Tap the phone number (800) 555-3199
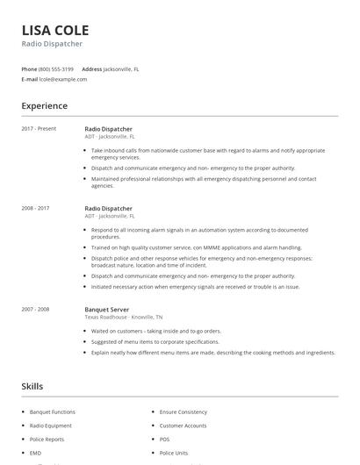point(57,68)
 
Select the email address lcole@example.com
point(63,79)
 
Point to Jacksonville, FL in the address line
point(123,68)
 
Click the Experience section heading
point(44,106)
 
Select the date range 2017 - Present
point(39,129)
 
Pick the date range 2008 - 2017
point(35,208)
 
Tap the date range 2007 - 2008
point(35,309)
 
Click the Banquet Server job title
point(106,309)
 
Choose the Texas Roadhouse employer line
point(123,317)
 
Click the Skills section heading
point(32,386)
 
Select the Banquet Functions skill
point(53,411)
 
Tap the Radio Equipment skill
point(50,426)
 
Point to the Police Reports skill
point(47,439)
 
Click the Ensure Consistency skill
point(183,411)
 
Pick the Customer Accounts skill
point(183,426)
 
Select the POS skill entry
point(164,439)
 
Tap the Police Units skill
point(174,453)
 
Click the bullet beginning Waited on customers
point(155,331)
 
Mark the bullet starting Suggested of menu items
point(155,341)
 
